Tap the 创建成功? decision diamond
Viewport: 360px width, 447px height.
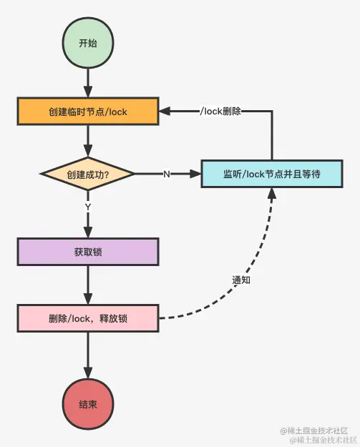tap(87, 174)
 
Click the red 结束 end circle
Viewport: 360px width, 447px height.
tap(87, 403)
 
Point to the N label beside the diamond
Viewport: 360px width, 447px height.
tap(166, 175)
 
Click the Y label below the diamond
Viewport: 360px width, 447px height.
tap(87, 207)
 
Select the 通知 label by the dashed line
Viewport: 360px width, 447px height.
tap(241, 280)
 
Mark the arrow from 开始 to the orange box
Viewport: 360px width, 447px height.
tap(87, 81)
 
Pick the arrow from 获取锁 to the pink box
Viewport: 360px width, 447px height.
tap(87, 285)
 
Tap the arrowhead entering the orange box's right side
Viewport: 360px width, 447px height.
tap(164, 112)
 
